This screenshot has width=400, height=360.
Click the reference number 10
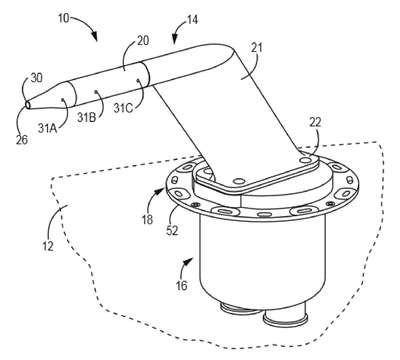tap(63, 18)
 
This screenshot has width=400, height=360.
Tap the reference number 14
tap(192, 20)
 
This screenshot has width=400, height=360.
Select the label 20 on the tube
tap(142, 41)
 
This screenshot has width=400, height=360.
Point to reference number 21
tap(256, 48)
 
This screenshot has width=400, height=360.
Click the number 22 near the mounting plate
tap(315, 123)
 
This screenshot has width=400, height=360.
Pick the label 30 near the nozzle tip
tap(36, 78)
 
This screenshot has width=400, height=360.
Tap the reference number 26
tap(22, 140)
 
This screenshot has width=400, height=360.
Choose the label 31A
tap(47, 129)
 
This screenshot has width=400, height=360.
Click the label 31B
tap(87, 117)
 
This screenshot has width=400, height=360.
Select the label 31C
tap(123, 108)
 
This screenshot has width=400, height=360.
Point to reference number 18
tap(147, 219)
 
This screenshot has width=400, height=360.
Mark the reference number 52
tap(172, 231)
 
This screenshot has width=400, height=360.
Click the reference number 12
tap(48, 247)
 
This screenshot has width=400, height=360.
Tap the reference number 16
tap(182, 285)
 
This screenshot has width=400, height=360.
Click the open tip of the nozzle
tap(28, 105)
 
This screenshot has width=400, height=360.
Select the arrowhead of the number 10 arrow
tap(94, 37)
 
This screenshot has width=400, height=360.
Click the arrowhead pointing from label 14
tap(175, 40)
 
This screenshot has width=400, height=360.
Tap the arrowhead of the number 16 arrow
tap(189, 261)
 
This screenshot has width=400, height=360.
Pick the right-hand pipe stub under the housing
tap(285, 317)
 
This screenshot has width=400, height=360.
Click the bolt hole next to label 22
tap(305, 160)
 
